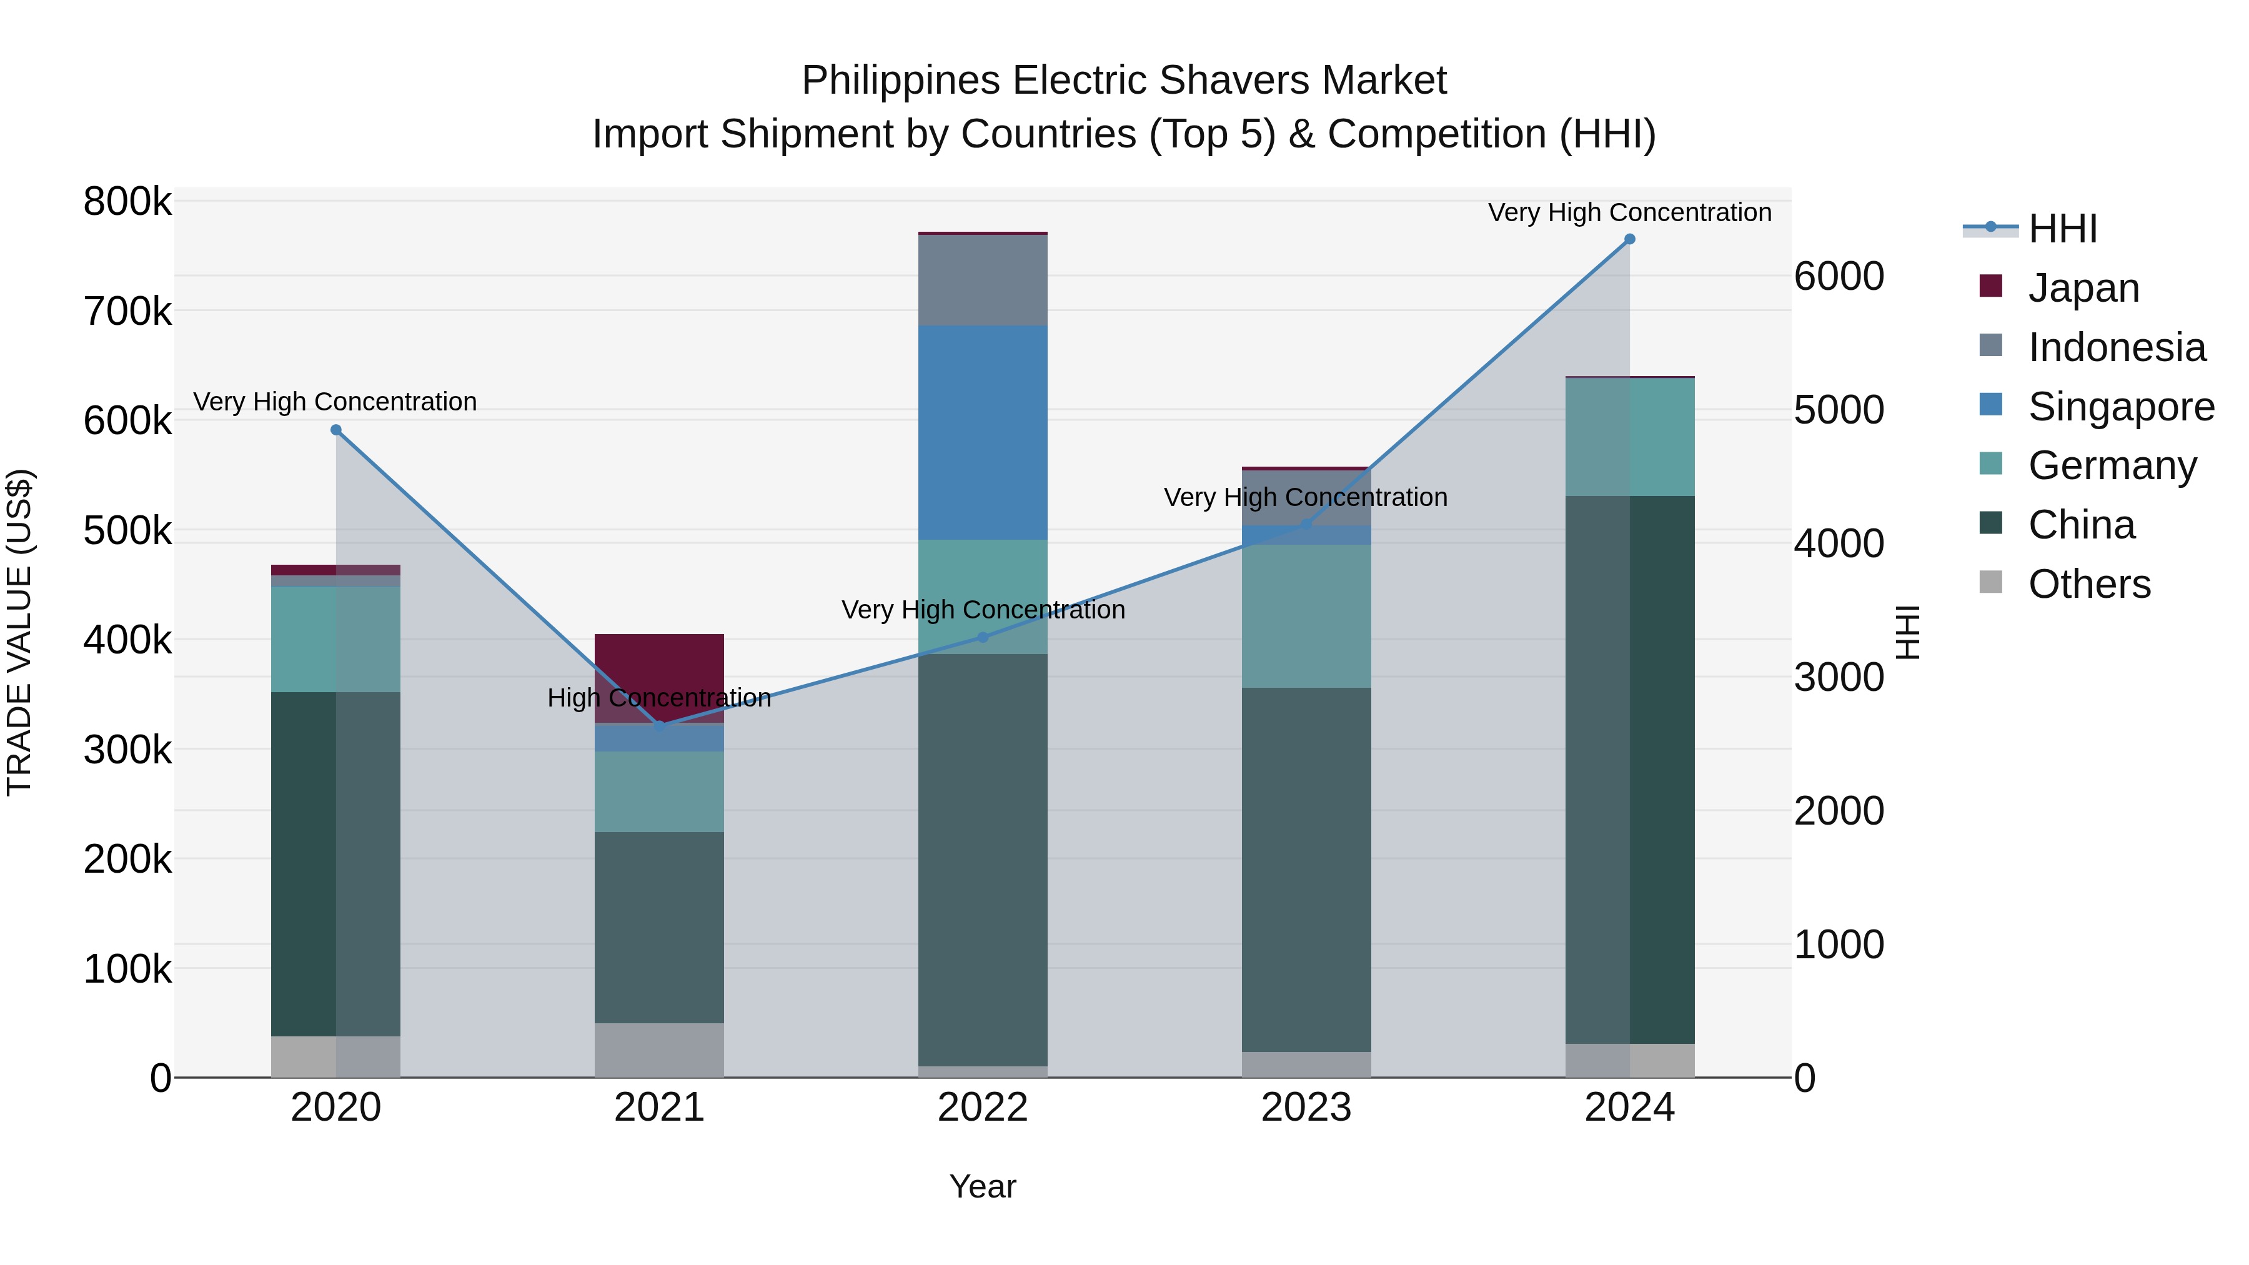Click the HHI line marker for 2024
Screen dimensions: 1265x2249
(1629, 239)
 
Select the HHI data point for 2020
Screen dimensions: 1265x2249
(336, 430)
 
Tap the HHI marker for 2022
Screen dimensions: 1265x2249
(983, 637)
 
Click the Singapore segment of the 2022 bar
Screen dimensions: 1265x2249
(983, 433)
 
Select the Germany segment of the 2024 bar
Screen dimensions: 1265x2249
(1629, 437)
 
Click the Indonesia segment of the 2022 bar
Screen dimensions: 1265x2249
(983, 280)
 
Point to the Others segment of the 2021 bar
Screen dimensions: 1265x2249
(659, 1049)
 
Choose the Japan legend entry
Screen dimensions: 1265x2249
(2083, 288)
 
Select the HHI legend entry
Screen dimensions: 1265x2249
(2062, 229)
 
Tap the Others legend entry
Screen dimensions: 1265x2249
(2088, 584)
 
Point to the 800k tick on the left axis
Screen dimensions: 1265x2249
(127, 202)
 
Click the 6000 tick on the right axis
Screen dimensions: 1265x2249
(1839, 277)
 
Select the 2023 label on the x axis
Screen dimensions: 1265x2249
(1306, 1108)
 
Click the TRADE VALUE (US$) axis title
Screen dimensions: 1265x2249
(20, 632)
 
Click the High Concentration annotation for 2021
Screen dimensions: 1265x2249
(659, 698)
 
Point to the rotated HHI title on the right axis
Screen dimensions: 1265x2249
(1909, 632)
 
